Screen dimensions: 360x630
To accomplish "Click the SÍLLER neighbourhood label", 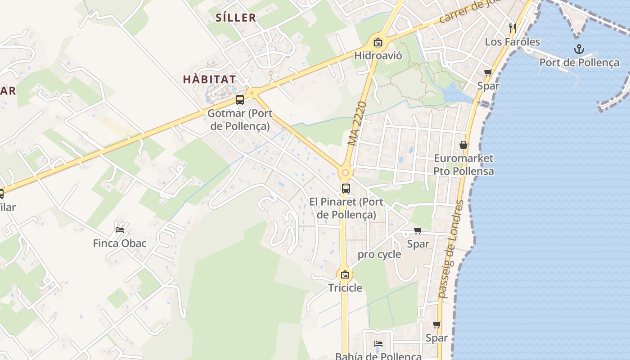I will tap(236, 18).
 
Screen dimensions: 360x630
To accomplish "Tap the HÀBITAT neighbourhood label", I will tap(209, 80).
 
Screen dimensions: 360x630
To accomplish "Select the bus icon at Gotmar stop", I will tap(240, 100).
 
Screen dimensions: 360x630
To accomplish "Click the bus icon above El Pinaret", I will tap(346, 189).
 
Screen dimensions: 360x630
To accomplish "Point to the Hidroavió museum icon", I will tap(378, 43).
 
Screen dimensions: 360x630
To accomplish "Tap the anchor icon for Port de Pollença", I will tap(579, 49).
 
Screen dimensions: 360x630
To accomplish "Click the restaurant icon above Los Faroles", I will tap(512, 28).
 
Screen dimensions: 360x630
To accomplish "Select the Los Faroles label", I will tap(512, 42).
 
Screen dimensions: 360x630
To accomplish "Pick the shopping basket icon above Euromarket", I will tap(463, 145).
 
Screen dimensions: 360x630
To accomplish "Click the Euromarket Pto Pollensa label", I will tap(463, 165).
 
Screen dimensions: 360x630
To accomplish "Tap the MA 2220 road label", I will tap(358, 123).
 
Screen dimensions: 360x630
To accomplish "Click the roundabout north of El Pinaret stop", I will tap(345, 172).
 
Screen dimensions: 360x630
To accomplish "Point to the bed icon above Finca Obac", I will tap(120, 229).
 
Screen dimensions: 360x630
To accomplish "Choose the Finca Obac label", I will tap(120, 243).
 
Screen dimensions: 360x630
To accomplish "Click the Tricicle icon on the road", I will tap(345, 274).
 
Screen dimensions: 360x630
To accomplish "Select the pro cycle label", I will tap(379, 254).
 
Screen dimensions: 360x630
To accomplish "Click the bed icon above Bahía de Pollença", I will tap(378, 344).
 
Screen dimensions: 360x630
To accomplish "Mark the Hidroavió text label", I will tap(378, 56).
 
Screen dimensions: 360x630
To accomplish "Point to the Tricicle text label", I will tap(345, 288).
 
